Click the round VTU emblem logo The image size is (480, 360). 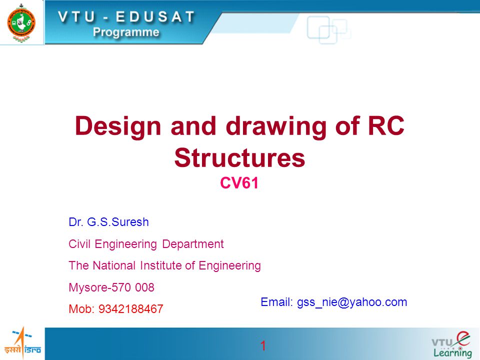click(x=21, y=22)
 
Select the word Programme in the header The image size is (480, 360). click(x=126, y=32)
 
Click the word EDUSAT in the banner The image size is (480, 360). click(x=150, y=16)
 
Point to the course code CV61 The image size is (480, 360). click(x=239, y=184)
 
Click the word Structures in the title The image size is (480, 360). click(x=239, y=158)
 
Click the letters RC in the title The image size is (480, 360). click(x=384, y=126)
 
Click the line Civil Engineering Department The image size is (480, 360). click(x=146, y=244)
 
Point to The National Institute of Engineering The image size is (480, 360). click(x=164, y=266)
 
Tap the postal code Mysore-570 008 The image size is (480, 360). click(x=111, y=287)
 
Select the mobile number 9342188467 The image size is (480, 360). click(x=131, y=309)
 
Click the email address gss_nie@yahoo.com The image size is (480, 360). click(x=352, y=302)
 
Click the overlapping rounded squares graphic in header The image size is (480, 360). click(x=327, y=28)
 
